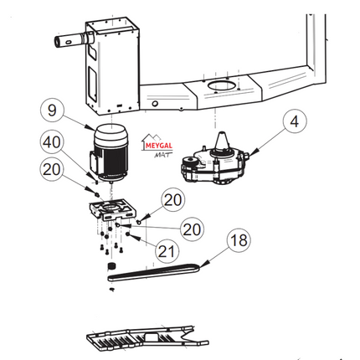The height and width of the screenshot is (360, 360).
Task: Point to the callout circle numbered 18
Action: coord(239,239)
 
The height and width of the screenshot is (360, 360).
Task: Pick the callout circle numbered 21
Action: coord(166,249)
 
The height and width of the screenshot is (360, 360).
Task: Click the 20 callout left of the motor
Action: coord(51,170)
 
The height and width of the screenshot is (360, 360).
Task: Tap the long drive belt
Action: coord(155,271)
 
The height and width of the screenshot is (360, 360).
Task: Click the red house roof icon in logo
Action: coord(152,136)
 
